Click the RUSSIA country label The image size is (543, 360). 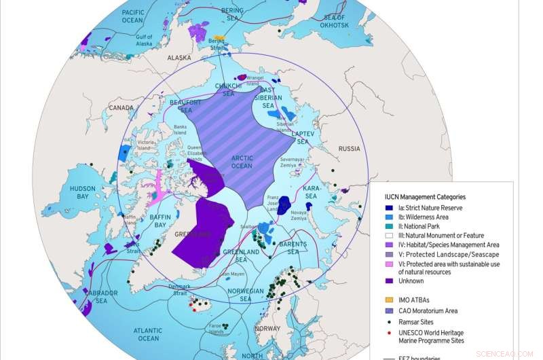tap(349, 148)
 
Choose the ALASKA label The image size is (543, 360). tap(180, 58)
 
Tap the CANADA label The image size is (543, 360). tap(121, 107)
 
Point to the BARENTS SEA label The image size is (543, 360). tap(293, 248)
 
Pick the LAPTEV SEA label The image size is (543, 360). tap(303, 138)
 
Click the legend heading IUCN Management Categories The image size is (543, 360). tap(424, 197)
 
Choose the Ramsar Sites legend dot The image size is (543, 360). tap(390, 322)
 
